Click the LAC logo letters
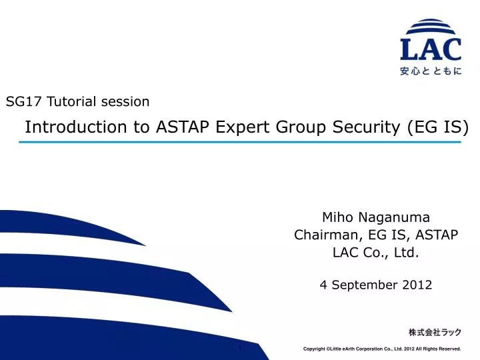tap(431, 50)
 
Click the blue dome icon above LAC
tap(431, 28)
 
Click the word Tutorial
tap(71, 102)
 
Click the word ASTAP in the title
tap(184, 127)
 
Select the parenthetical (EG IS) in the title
tap(437, 127)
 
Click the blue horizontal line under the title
tap(240, 142)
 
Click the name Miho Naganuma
tap(375, 217)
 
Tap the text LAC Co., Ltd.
tap(375, 252)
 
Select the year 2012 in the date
tap(417, 285)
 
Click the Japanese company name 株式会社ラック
tap(434, 332)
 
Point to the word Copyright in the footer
tap(316, 349)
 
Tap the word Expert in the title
tap(241, 127)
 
